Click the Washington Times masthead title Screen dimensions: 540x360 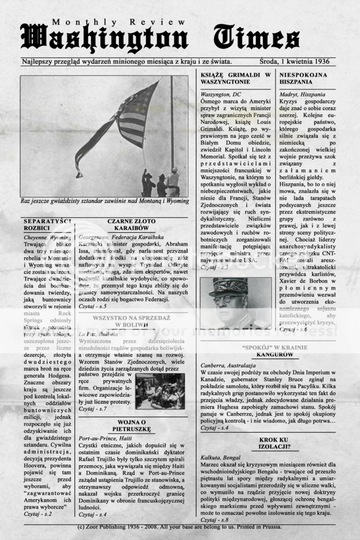coord(160,38)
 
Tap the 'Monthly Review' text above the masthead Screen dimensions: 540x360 coord(119,22)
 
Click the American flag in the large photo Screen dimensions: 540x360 coord(132,119)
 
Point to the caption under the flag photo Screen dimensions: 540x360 coord(104,201)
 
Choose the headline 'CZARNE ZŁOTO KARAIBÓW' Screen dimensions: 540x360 coord(131,225)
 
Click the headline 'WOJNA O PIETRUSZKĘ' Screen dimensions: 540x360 coord(131,426)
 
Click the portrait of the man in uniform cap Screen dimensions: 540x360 coord(235,303)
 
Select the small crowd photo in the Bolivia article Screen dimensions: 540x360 coord(160,391)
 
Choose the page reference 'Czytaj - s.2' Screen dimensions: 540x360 coord(38,513)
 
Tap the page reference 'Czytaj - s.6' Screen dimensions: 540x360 coord(293,329)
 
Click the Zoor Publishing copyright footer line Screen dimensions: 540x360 coord(179,527)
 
